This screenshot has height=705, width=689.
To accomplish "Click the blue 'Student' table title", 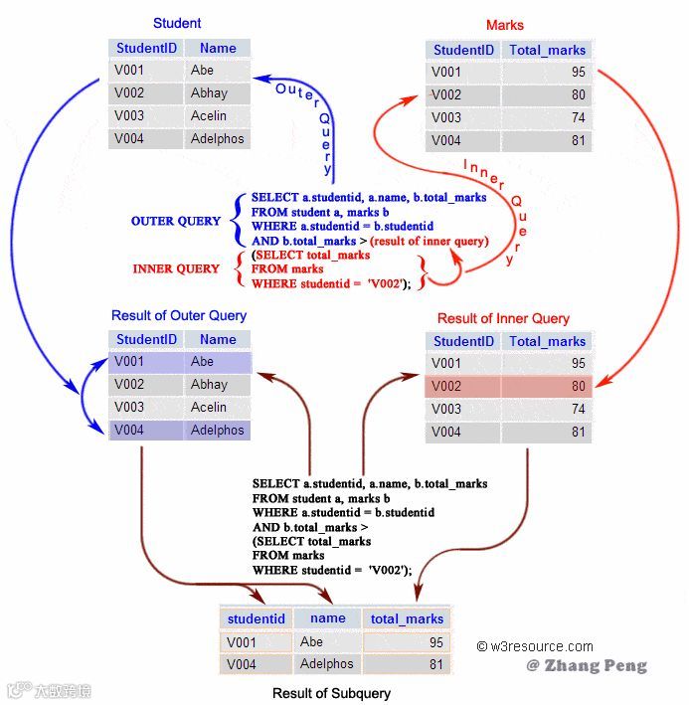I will (177, 23).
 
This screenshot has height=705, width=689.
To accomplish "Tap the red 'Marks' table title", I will (505, 25).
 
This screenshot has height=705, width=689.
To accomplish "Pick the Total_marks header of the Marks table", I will (547, 50).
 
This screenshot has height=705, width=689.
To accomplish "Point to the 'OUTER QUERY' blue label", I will (176, 221).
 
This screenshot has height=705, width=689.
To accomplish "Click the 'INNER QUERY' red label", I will (176, 268).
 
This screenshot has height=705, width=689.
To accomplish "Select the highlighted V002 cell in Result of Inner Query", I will (447, 387).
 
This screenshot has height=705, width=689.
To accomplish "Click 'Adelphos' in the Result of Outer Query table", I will (217, 431).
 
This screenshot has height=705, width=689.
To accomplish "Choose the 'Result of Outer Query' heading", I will (179, 315).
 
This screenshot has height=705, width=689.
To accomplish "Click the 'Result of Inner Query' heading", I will (504, 318).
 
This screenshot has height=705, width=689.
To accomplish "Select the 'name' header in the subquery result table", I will (328, 618).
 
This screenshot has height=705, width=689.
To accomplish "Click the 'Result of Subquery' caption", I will (332, 693).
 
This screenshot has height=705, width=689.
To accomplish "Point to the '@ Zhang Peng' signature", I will (587, 665).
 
